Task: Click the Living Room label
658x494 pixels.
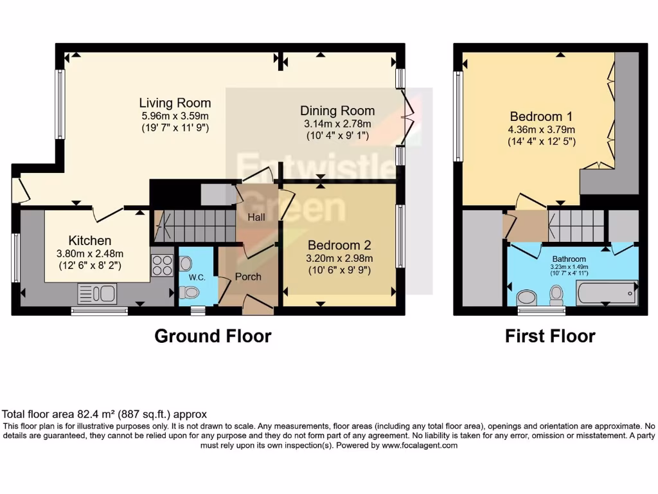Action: tap(175, 103)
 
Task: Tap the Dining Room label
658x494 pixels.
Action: tap(337, 111)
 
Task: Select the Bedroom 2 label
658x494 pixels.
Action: tap(340, 245)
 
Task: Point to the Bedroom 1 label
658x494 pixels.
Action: tap(542, 116)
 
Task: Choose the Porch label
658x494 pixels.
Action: tap(248, 277)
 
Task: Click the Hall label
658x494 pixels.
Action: tap(256, 217)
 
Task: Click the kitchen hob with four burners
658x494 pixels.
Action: tap(162, 266)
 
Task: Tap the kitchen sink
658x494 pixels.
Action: tap(96, 294)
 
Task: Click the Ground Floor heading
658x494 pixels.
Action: tap(213, 336)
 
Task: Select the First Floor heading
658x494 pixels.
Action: tap(550, 336)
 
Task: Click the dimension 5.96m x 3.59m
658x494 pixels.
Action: tap(175, 116)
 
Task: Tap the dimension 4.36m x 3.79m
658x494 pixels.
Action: tap(542, 129)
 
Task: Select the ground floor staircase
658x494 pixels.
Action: tap(193, 225)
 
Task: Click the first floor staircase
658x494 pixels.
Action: tap(576, 225)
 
